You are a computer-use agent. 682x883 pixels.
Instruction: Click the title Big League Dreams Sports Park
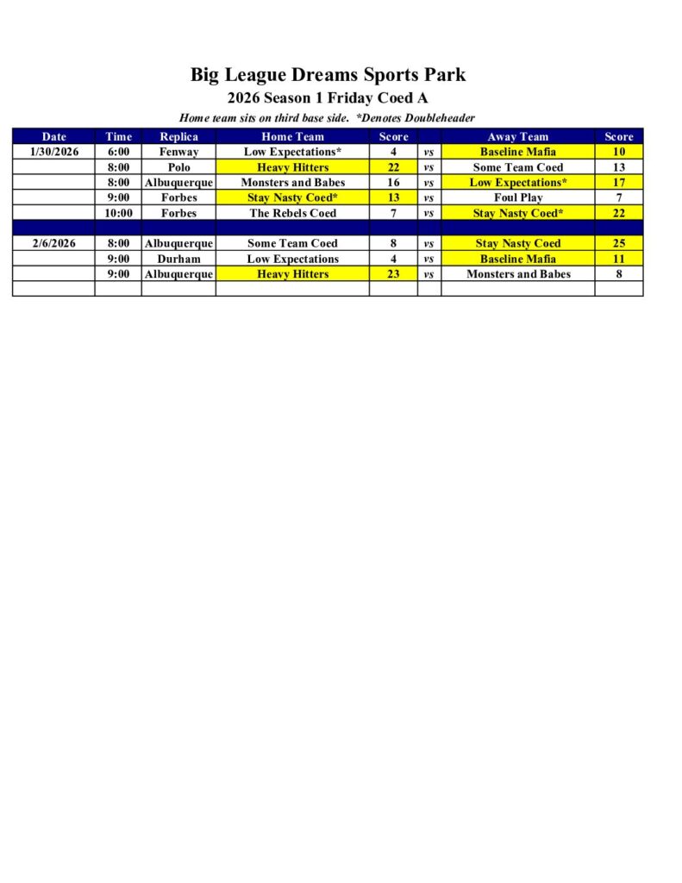[328, 75]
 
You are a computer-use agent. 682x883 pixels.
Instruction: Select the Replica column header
[178, 136]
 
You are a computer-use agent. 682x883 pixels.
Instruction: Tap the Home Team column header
[292, 136]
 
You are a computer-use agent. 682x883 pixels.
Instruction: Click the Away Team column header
[517, 136]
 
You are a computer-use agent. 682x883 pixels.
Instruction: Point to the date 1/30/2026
[53, 152]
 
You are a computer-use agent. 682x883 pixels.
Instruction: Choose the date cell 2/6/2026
[53, 243]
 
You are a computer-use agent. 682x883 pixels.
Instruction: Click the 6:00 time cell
[118, 152]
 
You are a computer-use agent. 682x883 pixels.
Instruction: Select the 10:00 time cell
[118, 213]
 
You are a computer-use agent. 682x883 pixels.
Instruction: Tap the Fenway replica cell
[178, 152]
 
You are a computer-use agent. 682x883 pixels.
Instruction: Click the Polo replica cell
[178, 167]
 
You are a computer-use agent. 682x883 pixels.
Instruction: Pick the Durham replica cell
[178, 259]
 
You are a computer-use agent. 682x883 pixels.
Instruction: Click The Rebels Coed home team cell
[292, 213]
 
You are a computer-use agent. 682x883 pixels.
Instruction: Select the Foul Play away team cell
[517, 197]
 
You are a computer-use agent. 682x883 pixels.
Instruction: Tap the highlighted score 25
[618, 243]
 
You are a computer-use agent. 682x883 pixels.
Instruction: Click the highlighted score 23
[393, 274]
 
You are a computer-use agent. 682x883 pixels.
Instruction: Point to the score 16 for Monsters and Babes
[393, 183]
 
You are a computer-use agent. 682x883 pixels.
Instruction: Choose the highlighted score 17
[618, 183]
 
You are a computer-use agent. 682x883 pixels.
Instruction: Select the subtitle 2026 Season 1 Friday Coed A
[328, 98]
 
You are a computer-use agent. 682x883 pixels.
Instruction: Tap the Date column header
[53, 136]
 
